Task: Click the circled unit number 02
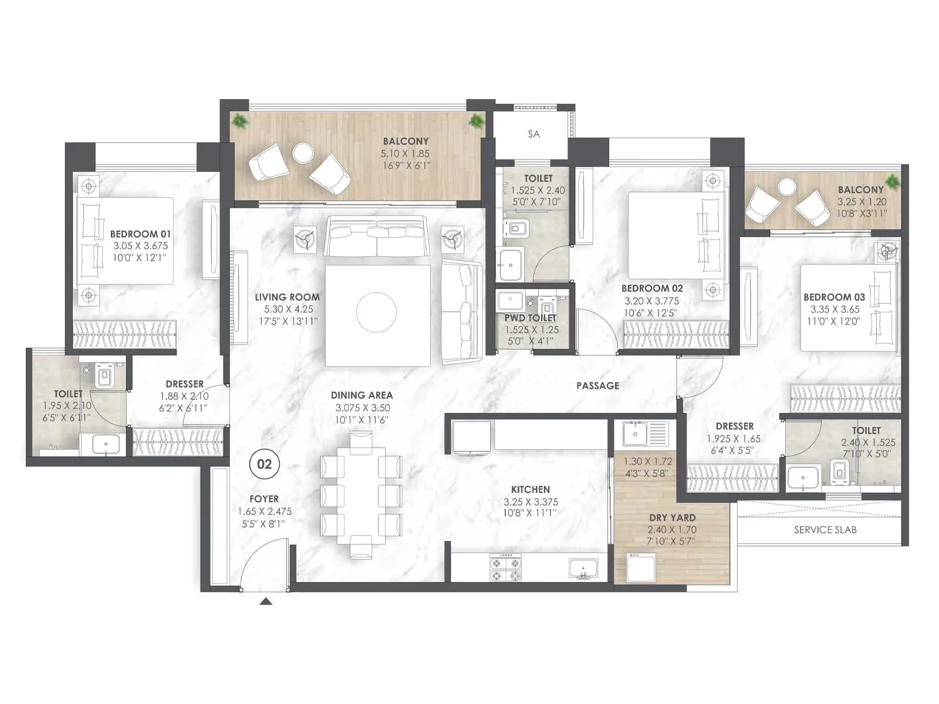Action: [x=265, y=464]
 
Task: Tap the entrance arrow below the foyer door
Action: [x=266, y=601]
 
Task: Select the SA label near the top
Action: [x=533, y=134]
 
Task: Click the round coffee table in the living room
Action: [x=376, y=312]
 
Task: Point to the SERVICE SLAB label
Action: [x=825, y=530]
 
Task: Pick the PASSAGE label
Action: [x=597, y=385]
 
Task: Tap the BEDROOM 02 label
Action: [x=651, y=288]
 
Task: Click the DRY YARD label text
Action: [x=672, y=517]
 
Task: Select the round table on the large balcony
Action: [x=303, y=153]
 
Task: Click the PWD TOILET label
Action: [x=531, y=318]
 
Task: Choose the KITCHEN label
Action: [x=531, y=489]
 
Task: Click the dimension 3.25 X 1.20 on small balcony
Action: [x=862, y=202]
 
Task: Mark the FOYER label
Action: [x=264, y=499]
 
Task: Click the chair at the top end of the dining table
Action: [x=360, y=442]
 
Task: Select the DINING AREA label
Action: [x=362, y=395]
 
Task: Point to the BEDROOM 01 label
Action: [x=140, y=233]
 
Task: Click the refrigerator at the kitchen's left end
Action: [x=471, y=438]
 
